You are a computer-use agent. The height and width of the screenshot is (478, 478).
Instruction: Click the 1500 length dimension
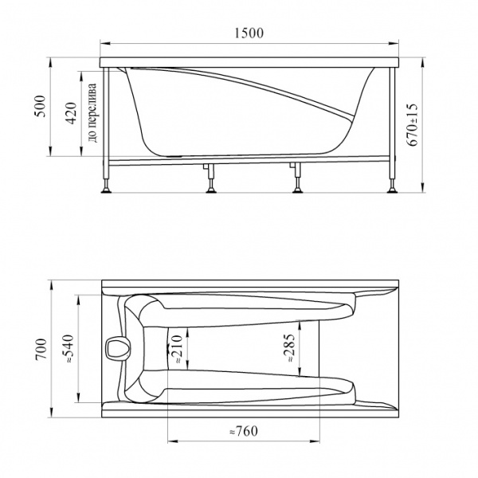[x=249, y=33]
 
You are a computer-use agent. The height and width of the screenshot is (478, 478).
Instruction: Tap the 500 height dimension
[x=40, y=106]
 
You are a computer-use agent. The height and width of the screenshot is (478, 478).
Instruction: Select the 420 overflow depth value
[x=72, y=113]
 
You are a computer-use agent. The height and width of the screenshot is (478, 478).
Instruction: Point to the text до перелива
[x=92, y=113]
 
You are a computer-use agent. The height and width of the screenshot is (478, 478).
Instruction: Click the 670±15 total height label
[x=413, y=125]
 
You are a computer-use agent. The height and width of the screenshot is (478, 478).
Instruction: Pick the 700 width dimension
[x=41, y=349]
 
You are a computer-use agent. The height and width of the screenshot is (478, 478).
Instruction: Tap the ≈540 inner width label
[x=69, y=348]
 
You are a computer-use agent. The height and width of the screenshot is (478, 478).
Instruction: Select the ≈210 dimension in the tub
[x=177, y=349]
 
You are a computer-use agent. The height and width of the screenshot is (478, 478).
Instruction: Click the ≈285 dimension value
[x=288, y=348]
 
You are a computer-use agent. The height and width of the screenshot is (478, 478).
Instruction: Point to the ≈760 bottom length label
[x=243, y=431]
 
